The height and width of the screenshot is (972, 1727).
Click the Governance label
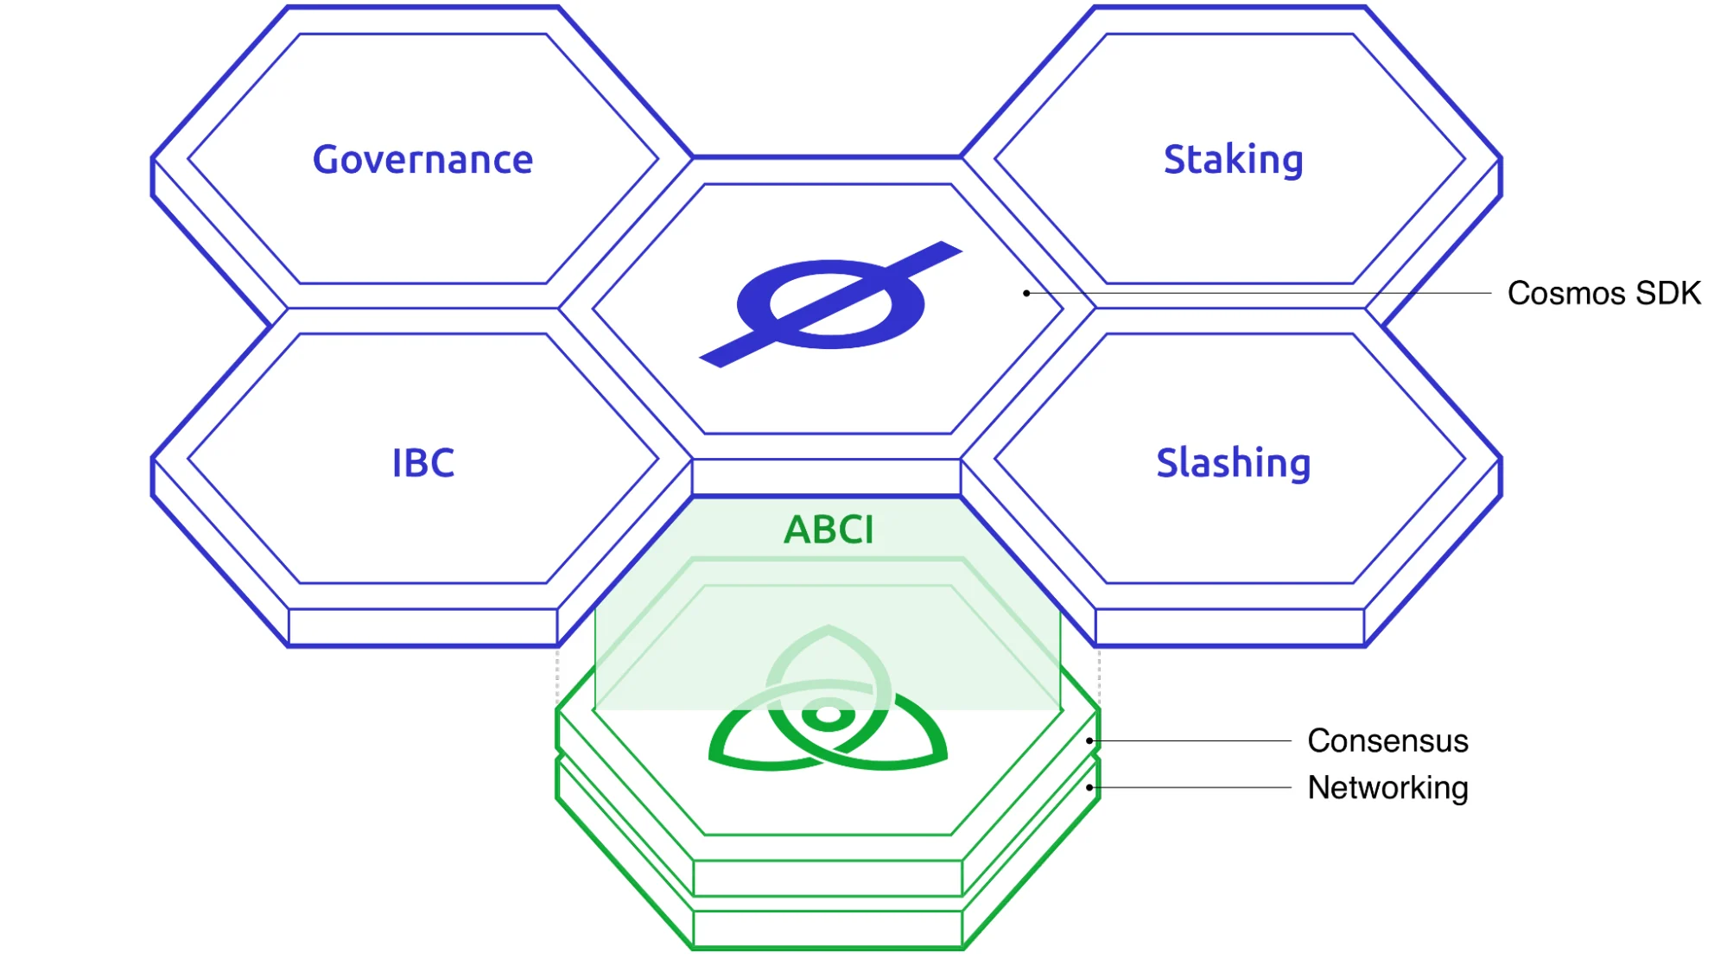point(422,160)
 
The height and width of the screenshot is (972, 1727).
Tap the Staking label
point(1233,160)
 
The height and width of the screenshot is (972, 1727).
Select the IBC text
point(422,463)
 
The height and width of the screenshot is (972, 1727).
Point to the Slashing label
point(1233,463)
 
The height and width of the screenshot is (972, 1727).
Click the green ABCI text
point(829,530)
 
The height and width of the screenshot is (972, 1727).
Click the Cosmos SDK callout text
point(1603,294)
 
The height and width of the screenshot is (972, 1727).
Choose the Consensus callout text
point(1387,741)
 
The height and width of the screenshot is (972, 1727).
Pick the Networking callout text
point(1387,788)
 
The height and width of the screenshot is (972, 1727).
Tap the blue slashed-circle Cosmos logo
point(830,304)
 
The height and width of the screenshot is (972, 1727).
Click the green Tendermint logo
point(828,704)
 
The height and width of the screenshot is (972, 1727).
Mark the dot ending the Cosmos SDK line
point(1026,294)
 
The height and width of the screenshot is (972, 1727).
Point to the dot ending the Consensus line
point(1090,741)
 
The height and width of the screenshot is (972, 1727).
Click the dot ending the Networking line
point(1090,788)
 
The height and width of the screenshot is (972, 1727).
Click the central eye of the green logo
point(828,715)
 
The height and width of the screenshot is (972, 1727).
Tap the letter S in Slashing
point(1169,463)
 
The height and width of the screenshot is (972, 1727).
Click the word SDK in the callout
point(1668,294)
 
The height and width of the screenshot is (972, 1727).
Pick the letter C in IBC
point(441,463)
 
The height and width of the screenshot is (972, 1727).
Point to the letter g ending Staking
point(1291,163)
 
